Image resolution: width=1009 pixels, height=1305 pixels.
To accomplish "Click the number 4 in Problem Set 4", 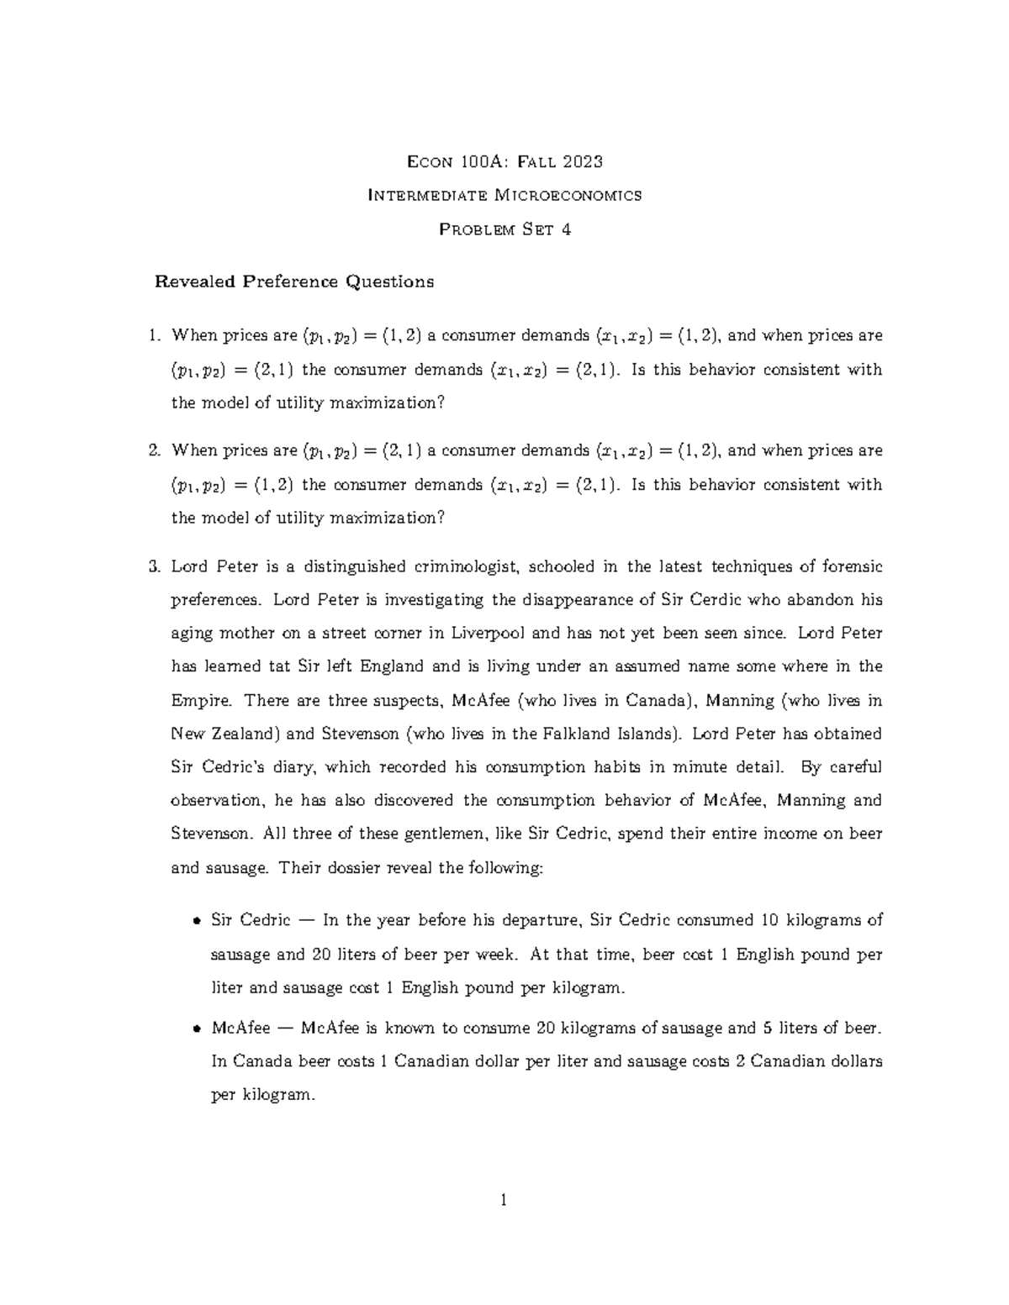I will click(566, 229).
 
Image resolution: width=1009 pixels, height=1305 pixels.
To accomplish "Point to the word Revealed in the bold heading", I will click(194, 282).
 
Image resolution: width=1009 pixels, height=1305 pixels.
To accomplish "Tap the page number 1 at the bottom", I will click(504, 1200).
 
